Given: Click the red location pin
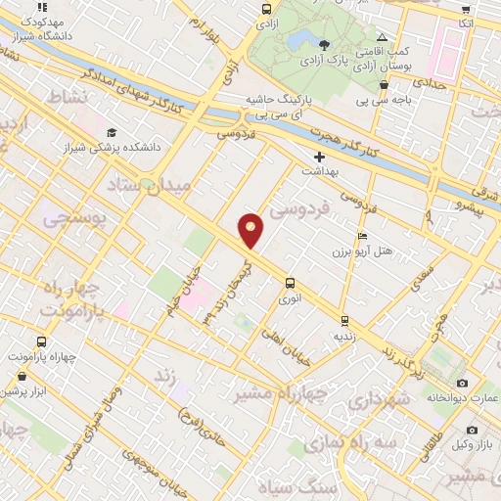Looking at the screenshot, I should coord(251,230).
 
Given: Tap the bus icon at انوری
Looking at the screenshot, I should coord(289,285).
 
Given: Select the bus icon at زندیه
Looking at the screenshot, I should coord(344,320).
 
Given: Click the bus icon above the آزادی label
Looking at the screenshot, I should coord(266,9).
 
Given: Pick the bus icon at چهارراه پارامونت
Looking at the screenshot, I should coord(40,342).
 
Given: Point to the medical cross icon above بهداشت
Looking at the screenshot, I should coord(318,157).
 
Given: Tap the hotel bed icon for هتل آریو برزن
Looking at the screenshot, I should coord(363,236).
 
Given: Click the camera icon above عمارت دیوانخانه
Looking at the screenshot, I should coord(462,383).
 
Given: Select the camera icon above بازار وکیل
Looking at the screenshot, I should coord(472,431).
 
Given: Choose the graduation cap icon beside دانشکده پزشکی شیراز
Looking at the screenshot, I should coord(112,133).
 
